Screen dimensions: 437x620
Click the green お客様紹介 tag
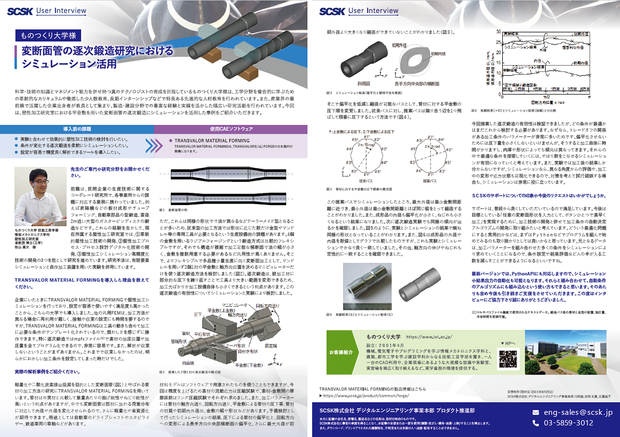tap(340, 352)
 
